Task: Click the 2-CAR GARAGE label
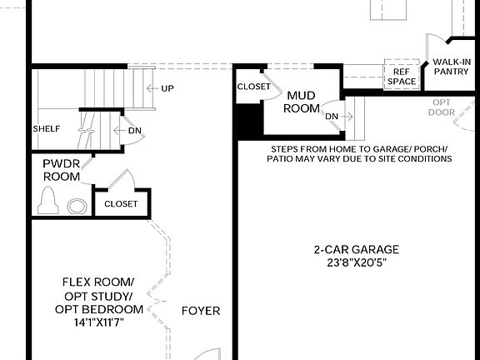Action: [x=356, y=249]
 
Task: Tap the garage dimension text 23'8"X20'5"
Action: [x=356, y=262]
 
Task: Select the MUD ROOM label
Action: [x=302, y=102]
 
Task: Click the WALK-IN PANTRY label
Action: [x=451, y=66]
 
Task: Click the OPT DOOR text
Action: [x=442, y=107]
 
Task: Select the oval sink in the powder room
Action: [x=77, y=206]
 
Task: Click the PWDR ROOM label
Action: [x=62, y=170]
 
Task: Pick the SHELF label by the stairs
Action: [x=46, y=130]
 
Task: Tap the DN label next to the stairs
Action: [x=133, y=130]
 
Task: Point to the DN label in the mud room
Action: [x=332, y=116]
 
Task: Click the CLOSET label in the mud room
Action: [x=253, y=87]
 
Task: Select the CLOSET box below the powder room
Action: [x=122, y=203]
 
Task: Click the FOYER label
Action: [x=201, y=311]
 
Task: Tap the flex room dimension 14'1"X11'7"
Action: [x=97, y=321]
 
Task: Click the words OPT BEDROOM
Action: [x=98, y=309]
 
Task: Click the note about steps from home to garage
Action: [x=358, y=152]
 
